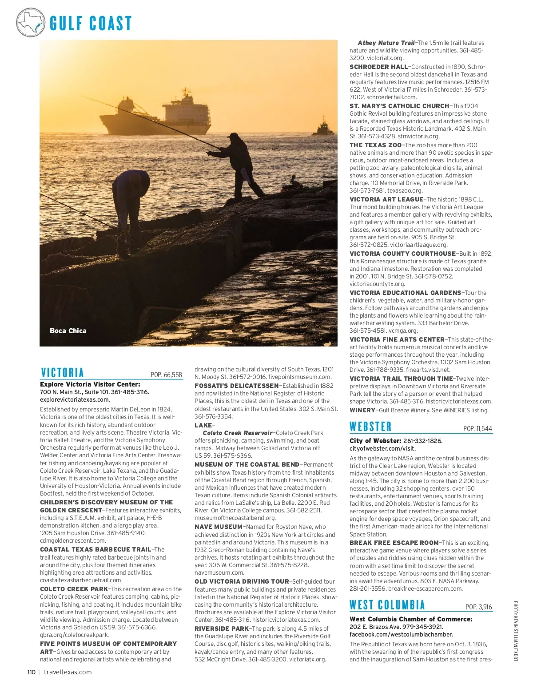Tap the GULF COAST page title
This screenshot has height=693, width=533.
click(x=91, y=23)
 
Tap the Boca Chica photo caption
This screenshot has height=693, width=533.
click(x=68, y=331)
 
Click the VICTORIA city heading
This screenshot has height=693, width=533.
click(x=62, y=373)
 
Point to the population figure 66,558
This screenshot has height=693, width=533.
click(x=166, y=375)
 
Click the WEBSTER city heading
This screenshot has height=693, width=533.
click(x=370, y=427)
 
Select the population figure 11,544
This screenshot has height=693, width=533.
click(x=477, y=429)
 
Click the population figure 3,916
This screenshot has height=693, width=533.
click(x=478, y=607)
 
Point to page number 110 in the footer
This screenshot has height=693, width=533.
click(x=31, y=672)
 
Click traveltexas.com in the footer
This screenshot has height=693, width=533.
click(x=68, y=672)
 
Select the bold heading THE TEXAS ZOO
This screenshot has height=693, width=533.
click(x=375, y=145)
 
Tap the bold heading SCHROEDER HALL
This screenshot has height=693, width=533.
click(x=378, y=67)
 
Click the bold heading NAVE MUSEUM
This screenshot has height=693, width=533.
click(x=219, y=527)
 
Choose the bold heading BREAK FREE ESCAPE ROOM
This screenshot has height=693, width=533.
click(x=394, y=543)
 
